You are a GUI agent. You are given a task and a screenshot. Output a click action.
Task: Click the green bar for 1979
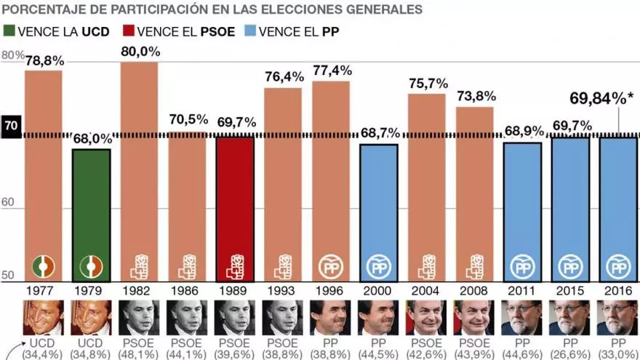(91, 215)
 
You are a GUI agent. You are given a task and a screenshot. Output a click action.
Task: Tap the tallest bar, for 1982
(139, 172)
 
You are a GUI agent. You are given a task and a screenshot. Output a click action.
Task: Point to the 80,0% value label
(139, 52)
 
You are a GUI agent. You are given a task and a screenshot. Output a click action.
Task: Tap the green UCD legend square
(9, 31)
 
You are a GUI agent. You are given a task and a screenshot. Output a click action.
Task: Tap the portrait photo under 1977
(43, 317)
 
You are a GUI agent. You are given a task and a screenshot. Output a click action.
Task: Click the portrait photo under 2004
(427, 317)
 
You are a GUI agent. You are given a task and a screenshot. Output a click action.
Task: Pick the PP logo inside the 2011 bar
(523, 267)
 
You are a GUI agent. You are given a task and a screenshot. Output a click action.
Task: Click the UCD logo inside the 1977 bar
(43, 267)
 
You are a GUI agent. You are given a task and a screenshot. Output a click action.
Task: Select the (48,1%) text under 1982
(139, 353)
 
